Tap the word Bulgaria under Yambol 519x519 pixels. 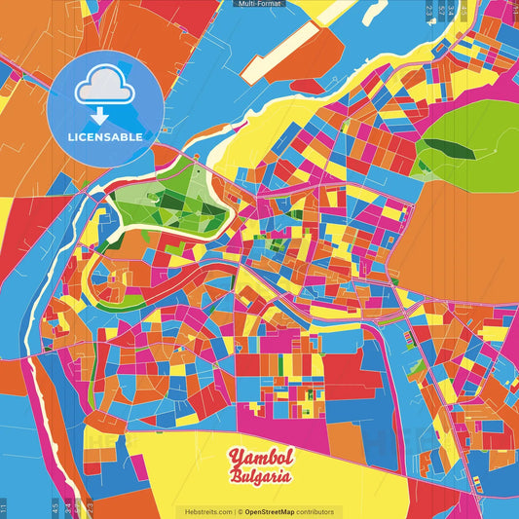pyautogui.click(x=260, y=476)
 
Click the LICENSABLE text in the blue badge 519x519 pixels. pyautogui.click(x=105, y=136)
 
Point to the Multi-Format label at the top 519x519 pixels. pyautogui.click(x=259, y=4)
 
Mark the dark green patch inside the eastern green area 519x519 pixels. pyautogui.click(x=449, y=148)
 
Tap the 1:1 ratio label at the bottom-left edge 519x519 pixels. pyautogui.click(x=4, y=507)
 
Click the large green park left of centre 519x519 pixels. pyautogui.click(x=180, y=195)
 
